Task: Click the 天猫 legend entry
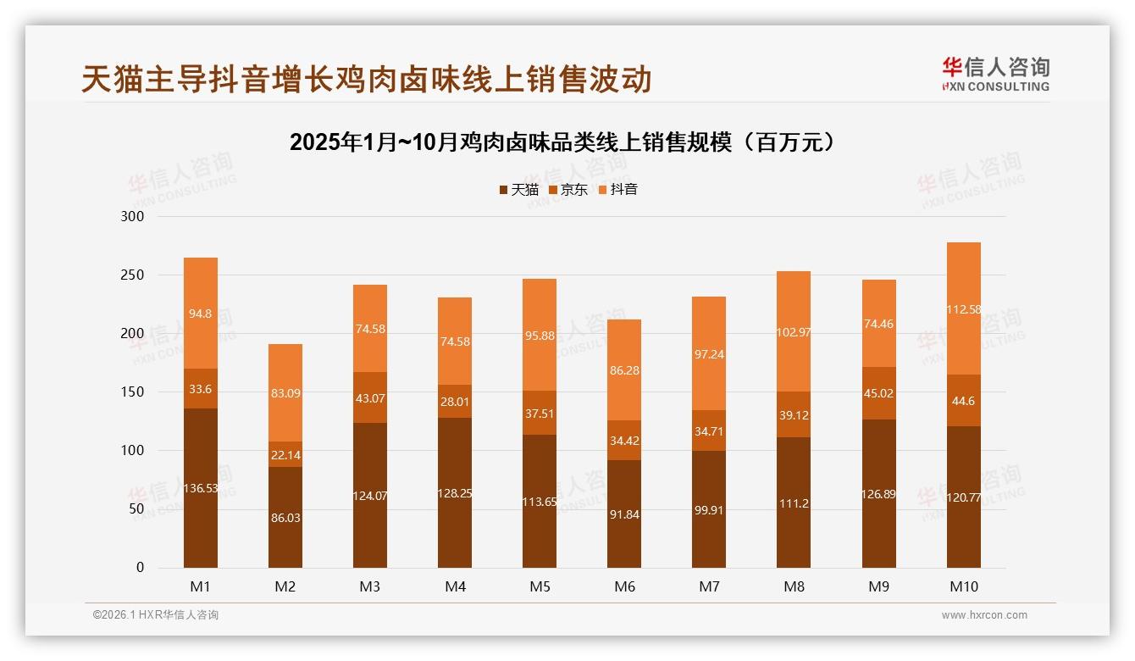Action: (518, 190)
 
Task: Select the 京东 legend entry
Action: (568, 190)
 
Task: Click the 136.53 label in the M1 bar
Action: (201, 488)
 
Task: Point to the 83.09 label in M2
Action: (285, 393)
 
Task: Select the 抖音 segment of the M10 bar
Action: (963, 309)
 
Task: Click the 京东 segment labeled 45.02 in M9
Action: (878, 393)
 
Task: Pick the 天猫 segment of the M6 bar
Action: (624, 514)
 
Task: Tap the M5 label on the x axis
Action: (540, 586)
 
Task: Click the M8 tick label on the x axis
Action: (794, 586)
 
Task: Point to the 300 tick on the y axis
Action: (134, 217)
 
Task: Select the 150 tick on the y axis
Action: (134, 392)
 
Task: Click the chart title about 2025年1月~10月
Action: (567, 142)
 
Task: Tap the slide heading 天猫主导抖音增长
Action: (367, 79)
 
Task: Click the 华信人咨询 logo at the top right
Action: (995, 75)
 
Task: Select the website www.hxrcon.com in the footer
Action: (984, 615)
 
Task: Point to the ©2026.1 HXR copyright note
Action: (156, 615)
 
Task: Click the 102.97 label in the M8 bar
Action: (794, 332)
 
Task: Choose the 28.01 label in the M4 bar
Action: (455, 402)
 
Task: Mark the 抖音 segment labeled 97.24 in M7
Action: (709, 355)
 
